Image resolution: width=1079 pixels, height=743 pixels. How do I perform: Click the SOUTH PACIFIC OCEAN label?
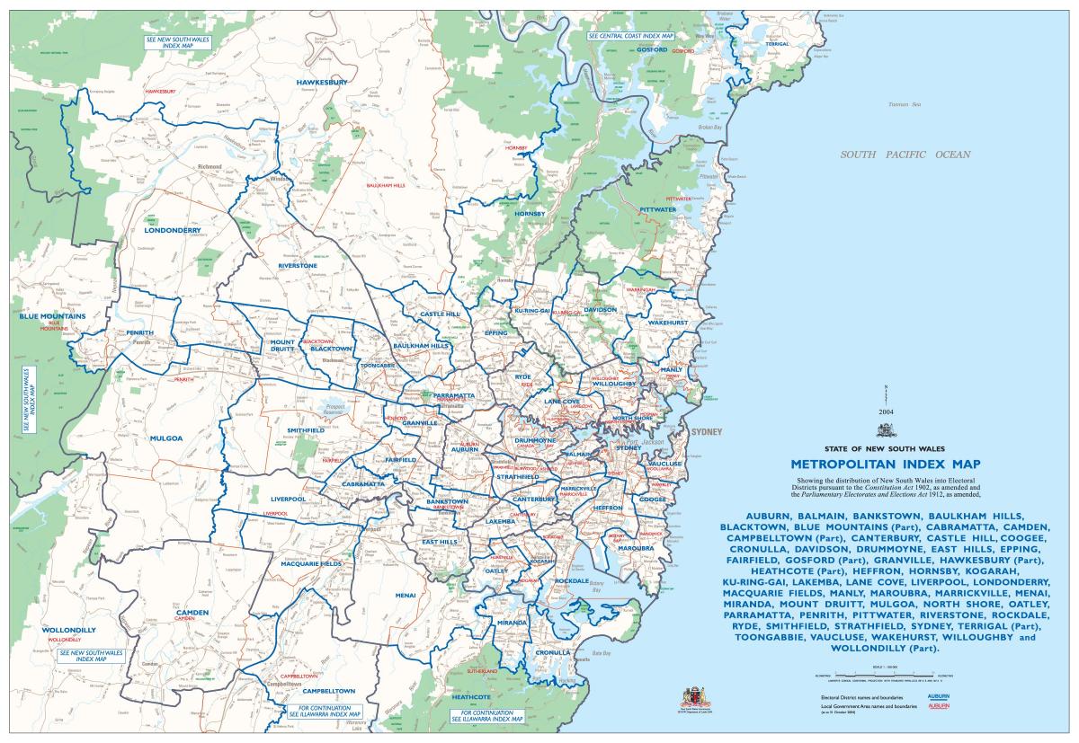click(x=905, y=155)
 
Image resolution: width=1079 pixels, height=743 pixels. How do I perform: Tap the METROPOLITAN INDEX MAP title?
click(x=885, y=464)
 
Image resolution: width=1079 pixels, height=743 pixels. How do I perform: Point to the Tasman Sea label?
click(x=899, y=105)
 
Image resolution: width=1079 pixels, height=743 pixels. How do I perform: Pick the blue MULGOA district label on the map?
click(x=167, y=438)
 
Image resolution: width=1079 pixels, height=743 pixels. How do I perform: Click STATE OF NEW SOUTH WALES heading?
click(x=885, y=447)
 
